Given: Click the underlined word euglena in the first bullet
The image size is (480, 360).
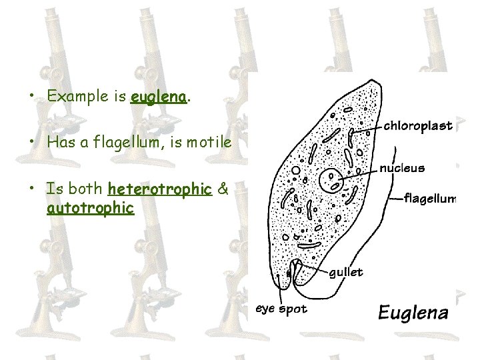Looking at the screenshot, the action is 158,96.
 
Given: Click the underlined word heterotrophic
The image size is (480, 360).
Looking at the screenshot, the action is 159,189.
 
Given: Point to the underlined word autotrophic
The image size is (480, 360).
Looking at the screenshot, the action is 91,208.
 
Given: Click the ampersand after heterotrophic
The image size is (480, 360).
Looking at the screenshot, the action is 223,189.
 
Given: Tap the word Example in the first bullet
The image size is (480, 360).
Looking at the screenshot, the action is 77,96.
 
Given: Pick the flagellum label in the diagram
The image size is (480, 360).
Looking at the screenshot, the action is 430,198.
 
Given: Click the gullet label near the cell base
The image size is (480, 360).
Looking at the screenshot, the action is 347,272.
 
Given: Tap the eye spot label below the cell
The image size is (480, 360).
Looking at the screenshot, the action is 282,309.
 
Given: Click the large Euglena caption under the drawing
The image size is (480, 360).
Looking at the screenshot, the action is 413,313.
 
